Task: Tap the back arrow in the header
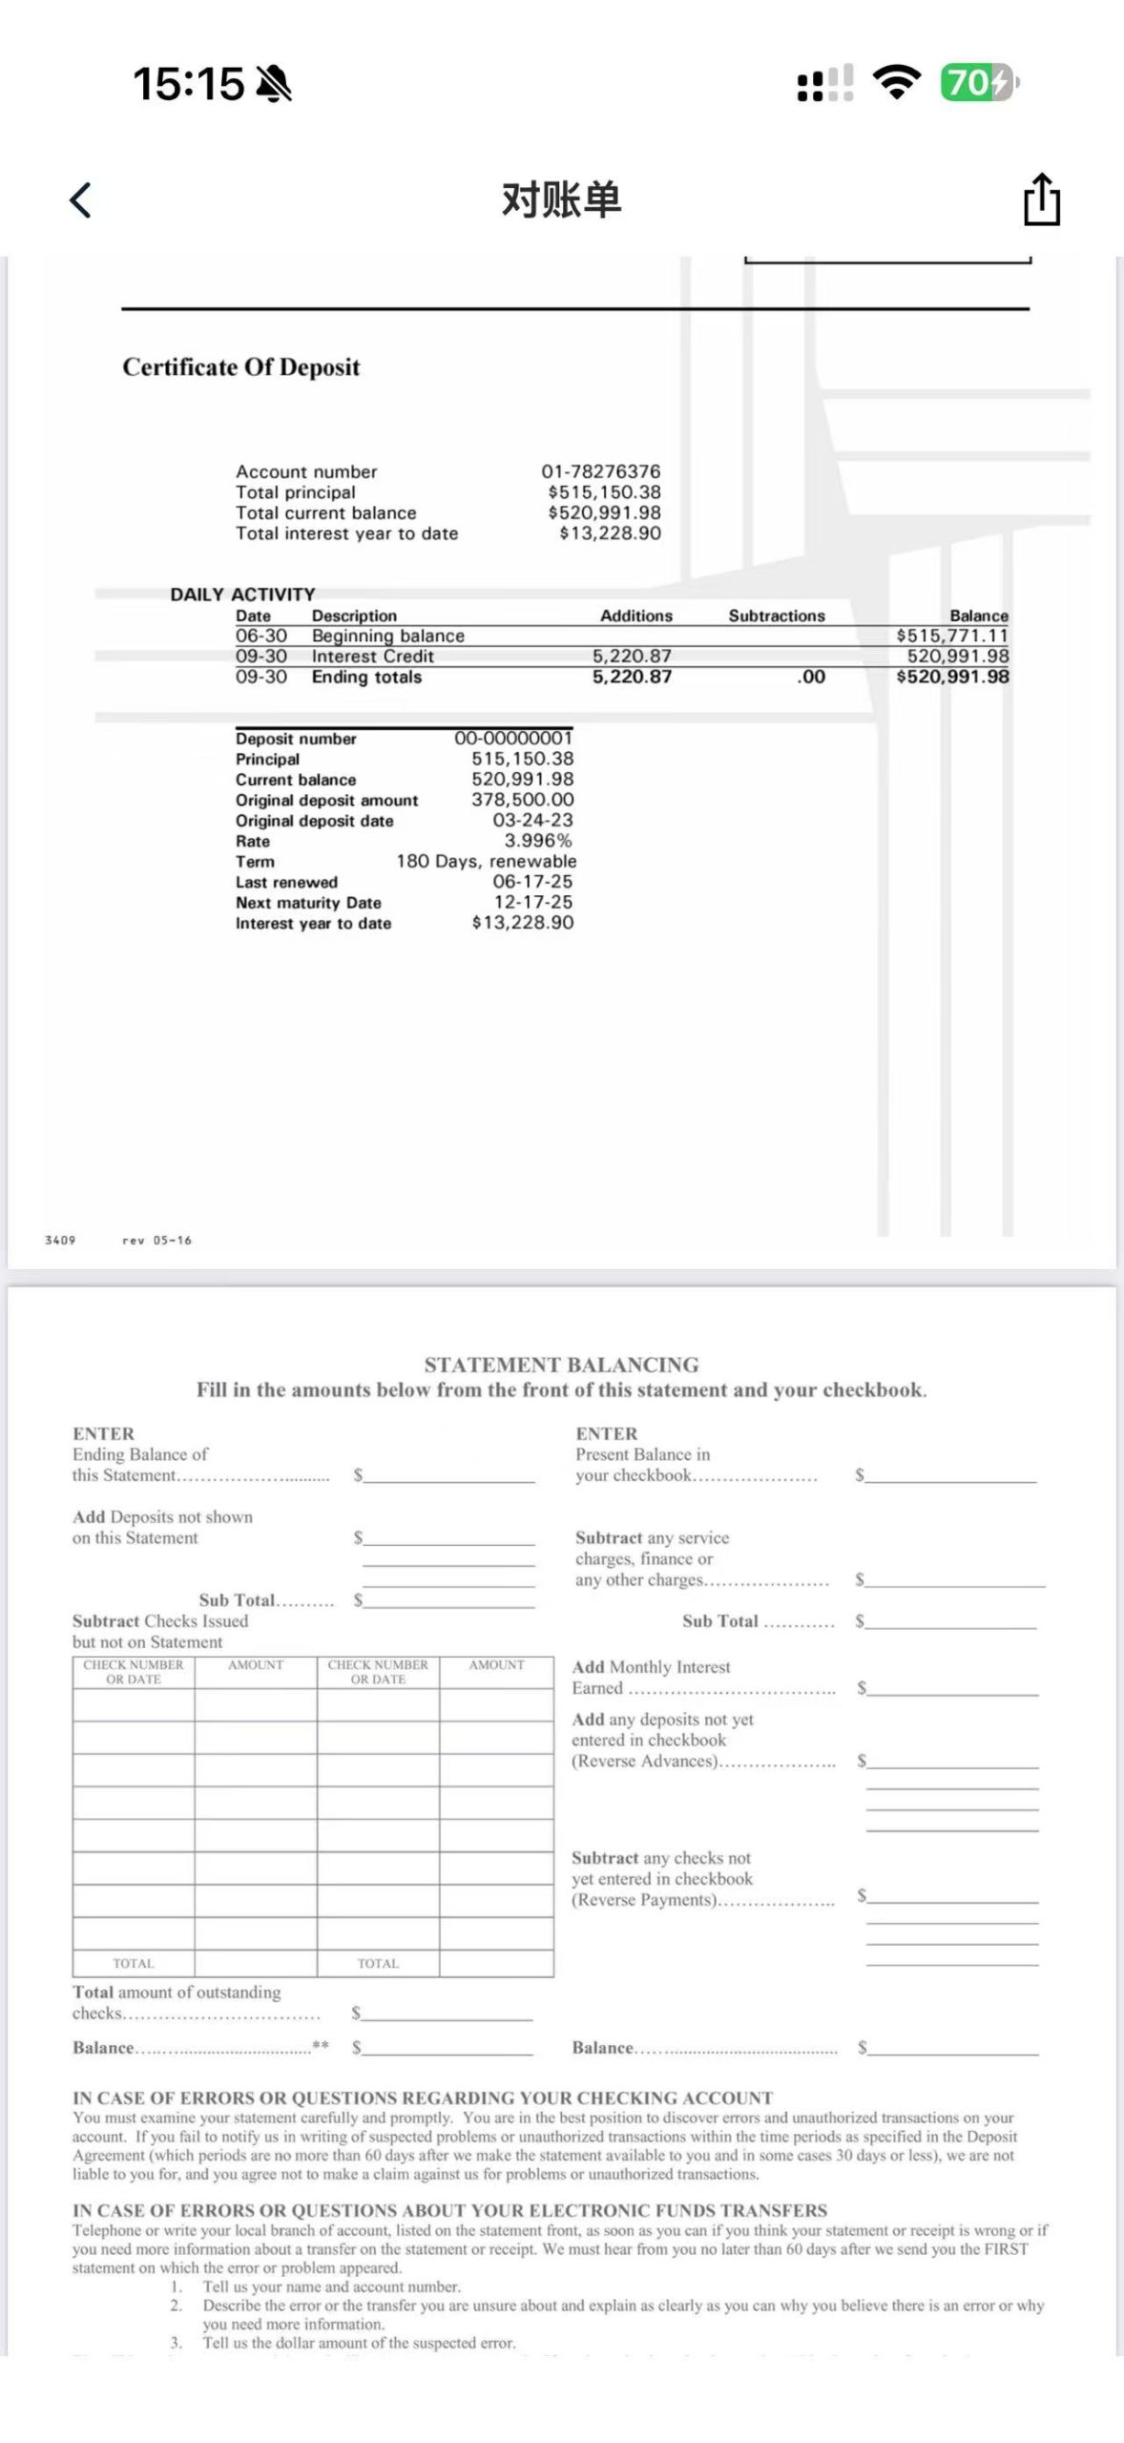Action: point(81,200)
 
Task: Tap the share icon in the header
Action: point(1041,199)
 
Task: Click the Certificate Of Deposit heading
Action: point(241,367)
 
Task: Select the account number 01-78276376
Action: point(600,471)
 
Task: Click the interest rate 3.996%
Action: point(538,841)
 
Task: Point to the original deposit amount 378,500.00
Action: point(523,800)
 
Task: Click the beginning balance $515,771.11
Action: point(952,636)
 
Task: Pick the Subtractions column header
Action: point(777,616)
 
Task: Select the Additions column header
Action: point(635,616)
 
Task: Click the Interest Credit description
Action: point(372,657)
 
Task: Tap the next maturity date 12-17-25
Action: point(533,902)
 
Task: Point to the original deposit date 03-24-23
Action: point(532,821)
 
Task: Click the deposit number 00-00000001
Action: point(513,738)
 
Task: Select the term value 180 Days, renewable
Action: point(486,861)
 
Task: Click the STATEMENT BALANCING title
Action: point(561,1365)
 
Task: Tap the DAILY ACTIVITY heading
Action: point(242,595)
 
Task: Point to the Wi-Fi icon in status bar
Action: point(897,83)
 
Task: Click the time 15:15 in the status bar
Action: point(189,84)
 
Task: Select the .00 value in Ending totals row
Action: point(811,677)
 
